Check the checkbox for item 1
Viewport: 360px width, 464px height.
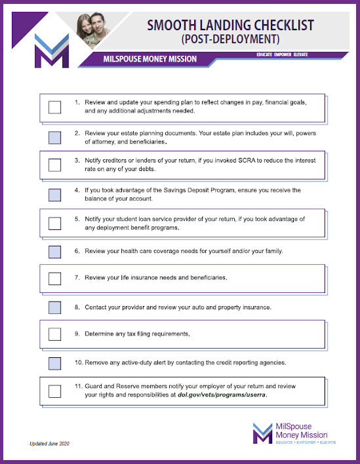[x=55, y=107]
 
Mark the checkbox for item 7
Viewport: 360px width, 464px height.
[x=55, y=279]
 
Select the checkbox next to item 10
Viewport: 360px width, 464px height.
[x=55, y=362]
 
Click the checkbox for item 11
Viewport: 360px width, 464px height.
[x=55, y=391]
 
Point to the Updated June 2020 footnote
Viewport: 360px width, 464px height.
[x=49, y=444]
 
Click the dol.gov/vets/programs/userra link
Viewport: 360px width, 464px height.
[x=222, y=395]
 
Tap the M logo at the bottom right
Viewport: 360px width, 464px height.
[x=262, y=433]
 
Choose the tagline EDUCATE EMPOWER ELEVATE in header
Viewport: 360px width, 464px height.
[x=282, y=54]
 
